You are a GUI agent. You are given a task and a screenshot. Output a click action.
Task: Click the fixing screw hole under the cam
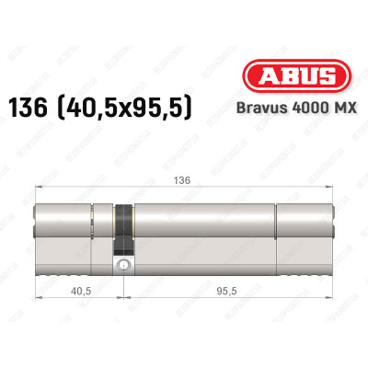point(123,266)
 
